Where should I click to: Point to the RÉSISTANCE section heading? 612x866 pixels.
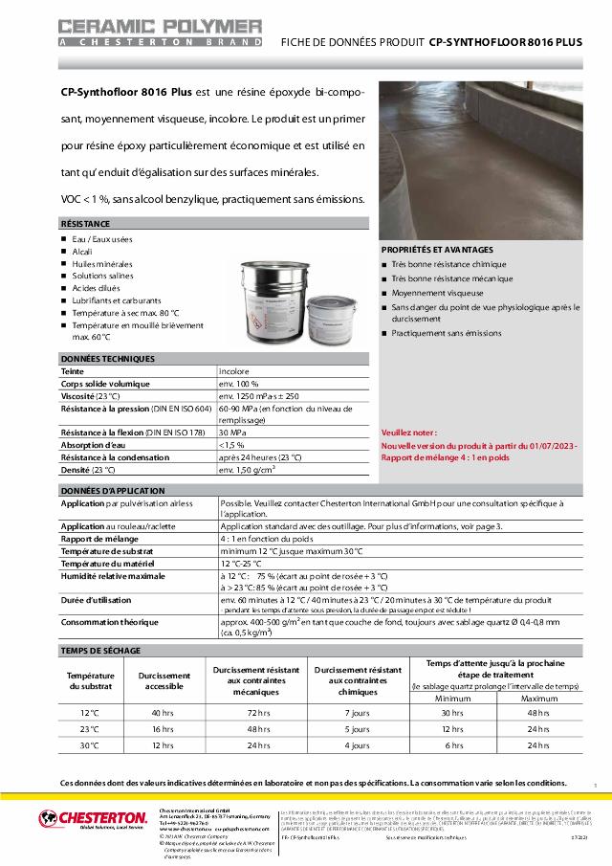click(x=85, y=223)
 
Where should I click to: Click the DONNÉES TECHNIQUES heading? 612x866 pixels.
click(x=107, y=359)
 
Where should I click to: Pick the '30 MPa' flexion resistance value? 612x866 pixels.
click(x=232, y=433)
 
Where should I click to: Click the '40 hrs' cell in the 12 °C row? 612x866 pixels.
click(x=162, y=713)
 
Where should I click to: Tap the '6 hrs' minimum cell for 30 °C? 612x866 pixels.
click(x=454, y=745)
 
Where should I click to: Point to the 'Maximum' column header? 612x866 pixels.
click(x=539, y=699)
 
